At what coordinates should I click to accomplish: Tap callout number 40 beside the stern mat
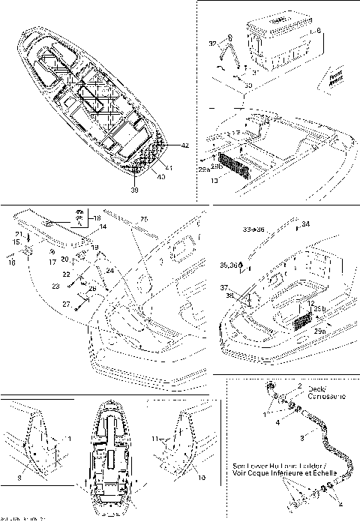[x=160, y=177]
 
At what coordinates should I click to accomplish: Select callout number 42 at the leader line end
[x=184, y=145]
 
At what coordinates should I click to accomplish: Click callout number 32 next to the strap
[x=212, y=44]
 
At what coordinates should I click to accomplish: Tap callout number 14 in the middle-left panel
[x=103, y=226]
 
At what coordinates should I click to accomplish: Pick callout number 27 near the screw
[x=67, y=304]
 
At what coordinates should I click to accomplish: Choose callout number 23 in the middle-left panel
[x=55, y=286]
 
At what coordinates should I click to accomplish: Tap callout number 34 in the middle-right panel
[x=305, y=223]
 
